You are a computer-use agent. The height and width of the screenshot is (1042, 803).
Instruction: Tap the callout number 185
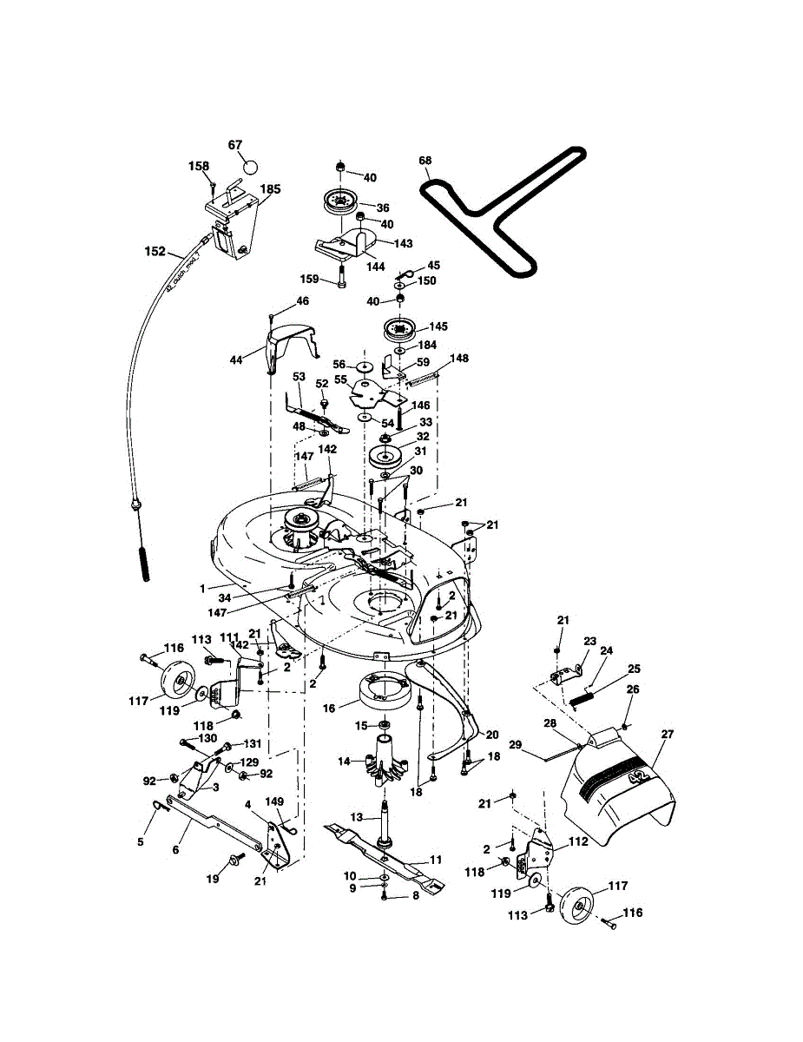pos(270,188)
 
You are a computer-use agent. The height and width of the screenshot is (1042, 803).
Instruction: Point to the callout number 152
pos(155,252)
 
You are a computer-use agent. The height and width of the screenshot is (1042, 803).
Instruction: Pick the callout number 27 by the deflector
pos(667,734)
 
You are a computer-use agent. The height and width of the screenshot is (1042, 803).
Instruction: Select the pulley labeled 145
pos(400,330)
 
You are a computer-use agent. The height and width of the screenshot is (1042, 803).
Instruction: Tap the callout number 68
pos(425,160)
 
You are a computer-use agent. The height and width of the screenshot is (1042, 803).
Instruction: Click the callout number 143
pos(403,244)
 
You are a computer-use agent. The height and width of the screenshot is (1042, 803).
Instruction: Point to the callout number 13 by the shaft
pos(357,817)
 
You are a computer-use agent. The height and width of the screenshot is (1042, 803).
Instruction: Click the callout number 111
pos(228,637)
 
